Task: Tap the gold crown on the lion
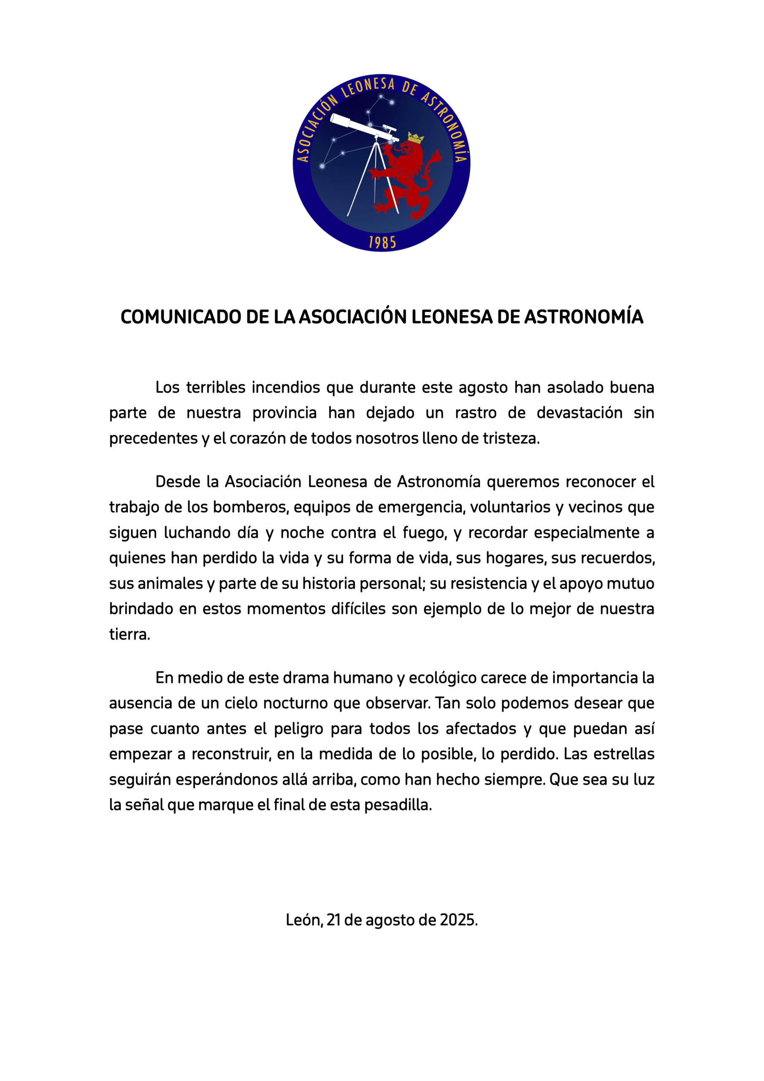[415, 138]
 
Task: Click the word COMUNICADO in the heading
[181, 317]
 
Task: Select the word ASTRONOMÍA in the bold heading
[584, 317]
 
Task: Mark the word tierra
[129, 634]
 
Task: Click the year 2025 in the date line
[458, 920]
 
